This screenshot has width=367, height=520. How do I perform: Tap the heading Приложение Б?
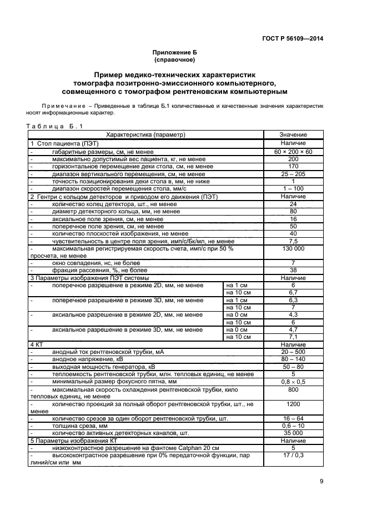point(175,52)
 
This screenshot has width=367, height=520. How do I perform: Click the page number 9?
point(321,482)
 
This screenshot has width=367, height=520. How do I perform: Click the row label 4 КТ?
point(37,344)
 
